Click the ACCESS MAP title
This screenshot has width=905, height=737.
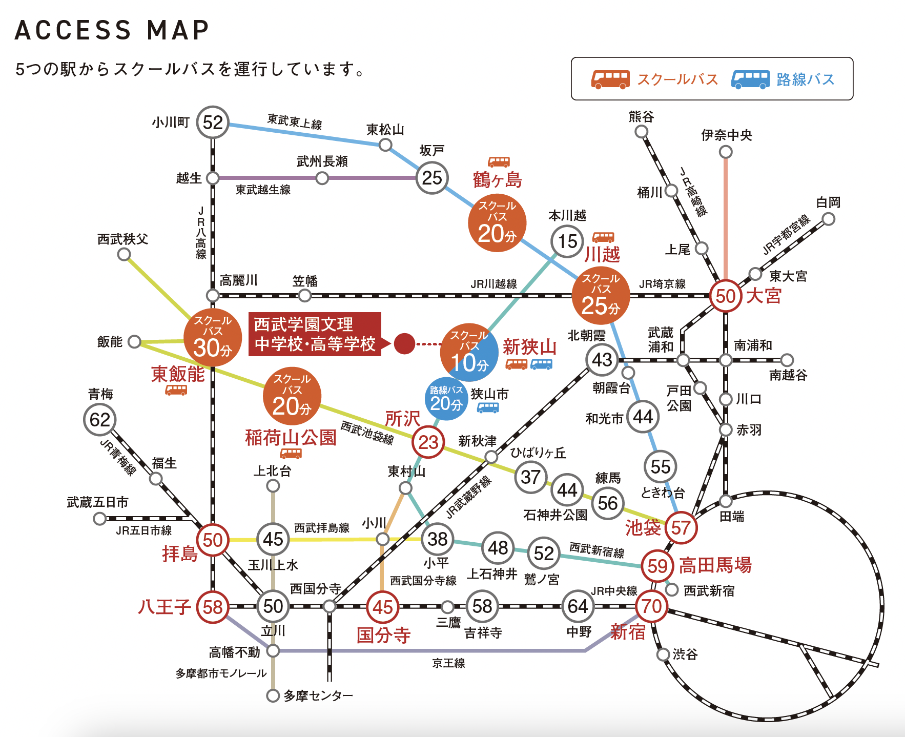[112, 30]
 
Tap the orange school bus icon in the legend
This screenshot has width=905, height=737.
[610, 79]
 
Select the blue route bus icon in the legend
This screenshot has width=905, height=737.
[750, 79]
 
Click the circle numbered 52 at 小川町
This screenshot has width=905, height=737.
[213, 122]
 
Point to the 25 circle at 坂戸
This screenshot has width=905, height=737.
[432, 178]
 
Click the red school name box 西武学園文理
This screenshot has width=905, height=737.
[315, 334]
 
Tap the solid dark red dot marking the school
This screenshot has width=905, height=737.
[404, 343]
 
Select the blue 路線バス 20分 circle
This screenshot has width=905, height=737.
[446, 399]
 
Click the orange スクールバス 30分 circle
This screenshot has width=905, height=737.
[213, 337]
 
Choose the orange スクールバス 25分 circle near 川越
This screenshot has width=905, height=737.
[601, 296]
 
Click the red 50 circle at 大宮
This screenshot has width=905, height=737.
[725, 296]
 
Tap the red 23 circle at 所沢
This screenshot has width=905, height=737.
[428, 442]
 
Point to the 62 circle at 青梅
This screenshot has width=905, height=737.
[100, 420]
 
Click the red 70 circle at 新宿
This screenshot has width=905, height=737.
[651, 607]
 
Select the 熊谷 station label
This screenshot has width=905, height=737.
[641, 117]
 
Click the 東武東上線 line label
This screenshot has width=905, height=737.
[295, 121]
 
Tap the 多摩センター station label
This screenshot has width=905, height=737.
[318, 695]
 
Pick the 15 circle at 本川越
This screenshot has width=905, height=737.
[567, 241]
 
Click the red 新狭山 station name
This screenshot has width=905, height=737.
[529, 347]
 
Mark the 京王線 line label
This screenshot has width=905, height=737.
[448, 663]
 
